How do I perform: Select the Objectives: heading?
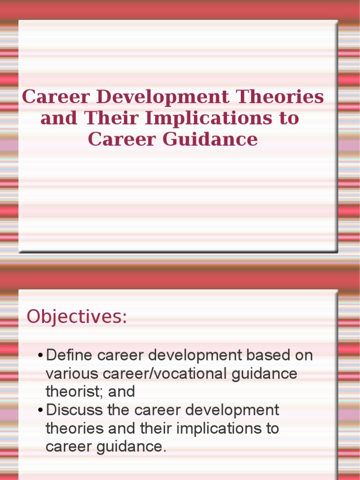tap(77, 317)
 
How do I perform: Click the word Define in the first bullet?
tap(70, 355)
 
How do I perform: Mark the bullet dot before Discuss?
tap(41, 411)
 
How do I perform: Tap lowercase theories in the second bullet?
tap(75, 428)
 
